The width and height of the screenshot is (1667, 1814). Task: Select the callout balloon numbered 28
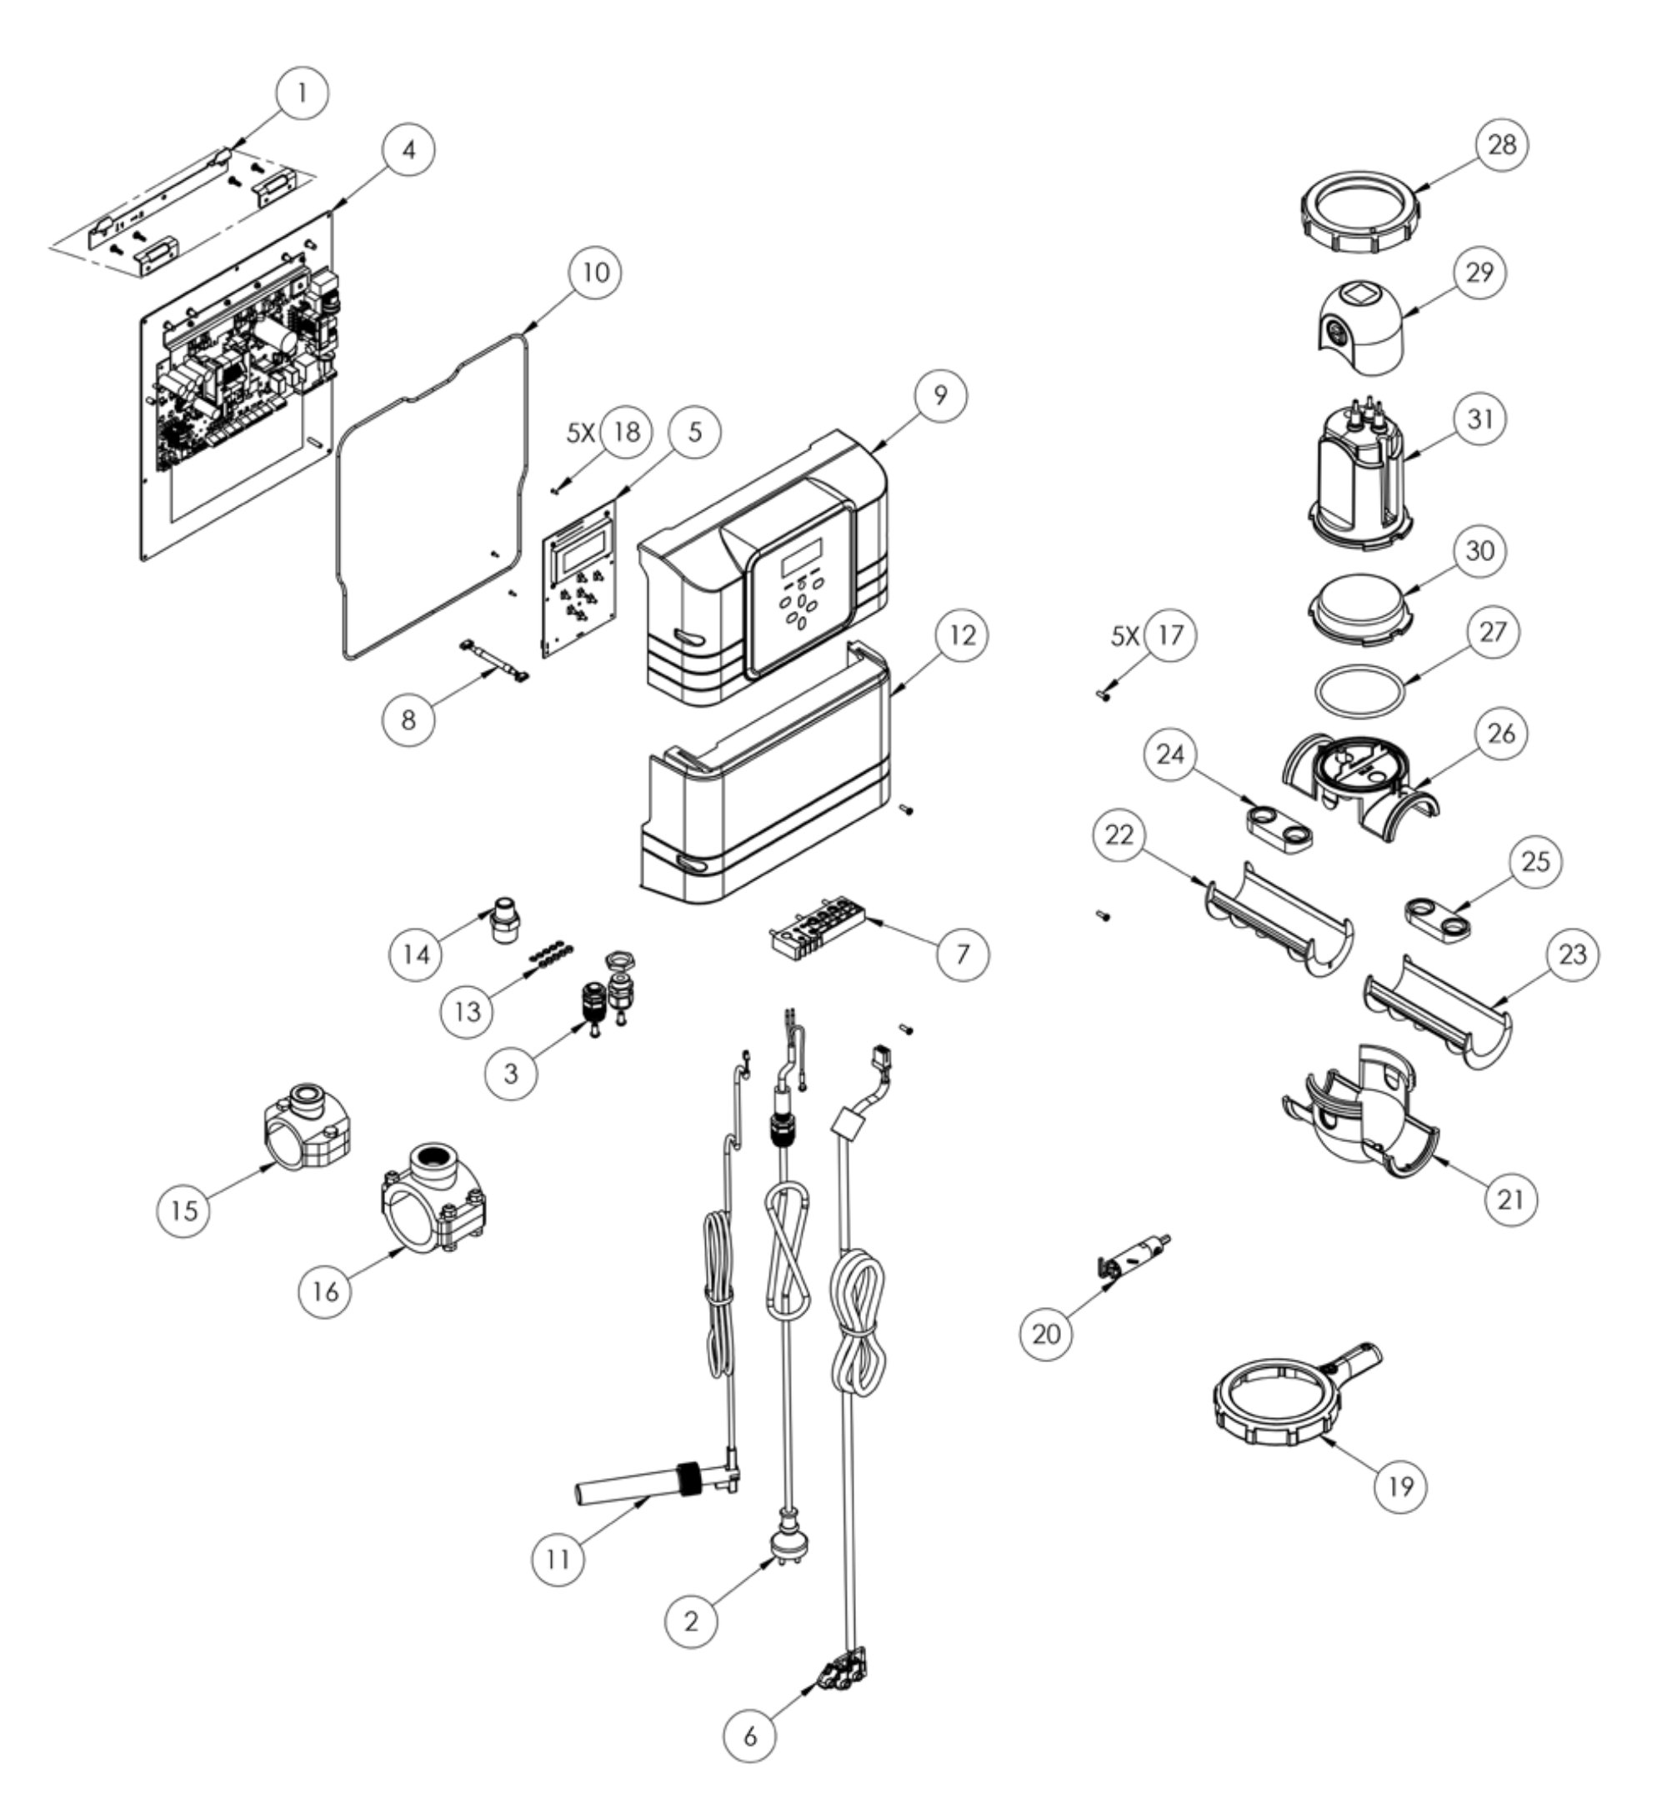[1502, 145]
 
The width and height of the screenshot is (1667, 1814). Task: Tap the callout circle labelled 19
[1400, 1483]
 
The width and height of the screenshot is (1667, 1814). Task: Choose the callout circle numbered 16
[326, 1290]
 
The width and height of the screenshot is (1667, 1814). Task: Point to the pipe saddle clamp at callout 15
[306, 1132]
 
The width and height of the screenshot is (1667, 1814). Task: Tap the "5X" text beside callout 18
[581, 433]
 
